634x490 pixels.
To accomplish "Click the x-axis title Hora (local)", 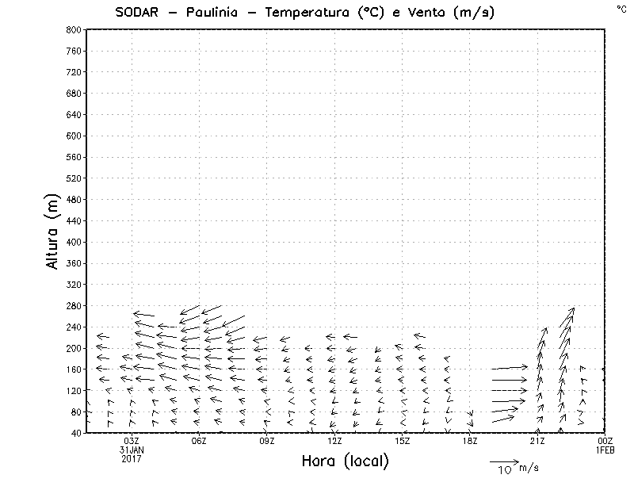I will pos(346,461).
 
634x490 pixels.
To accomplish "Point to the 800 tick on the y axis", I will pos(72,29).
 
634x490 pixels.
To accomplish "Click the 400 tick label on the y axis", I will pos(72,242).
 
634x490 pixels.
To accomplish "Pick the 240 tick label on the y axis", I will pos(72,327).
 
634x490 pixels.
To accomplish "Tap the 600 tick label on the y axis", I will pos(72,136).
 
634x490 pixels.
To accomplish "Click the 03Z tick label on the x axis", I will pos(132,441).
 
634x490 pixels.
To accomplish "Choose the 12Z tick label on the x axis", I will pos(334,441).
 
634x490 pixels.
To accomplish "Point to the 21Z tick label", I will pos(537,441).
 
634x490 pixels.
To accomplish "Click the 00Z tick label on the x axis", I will pos(605,441).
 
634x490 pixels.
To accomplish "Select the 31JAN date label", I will pos(132,450).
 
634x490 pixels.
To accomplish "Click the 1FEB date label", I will pos(605,450).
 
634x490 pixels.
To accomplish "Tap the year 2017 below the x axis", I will pos(132,458).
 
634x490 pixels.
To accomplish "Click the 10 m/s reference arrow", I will pos(503,461).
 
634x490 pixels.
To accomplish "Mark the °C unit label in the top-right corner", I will pos(621,9).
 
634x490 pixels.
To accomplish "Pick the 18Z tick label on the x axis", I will pos(470,441).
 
